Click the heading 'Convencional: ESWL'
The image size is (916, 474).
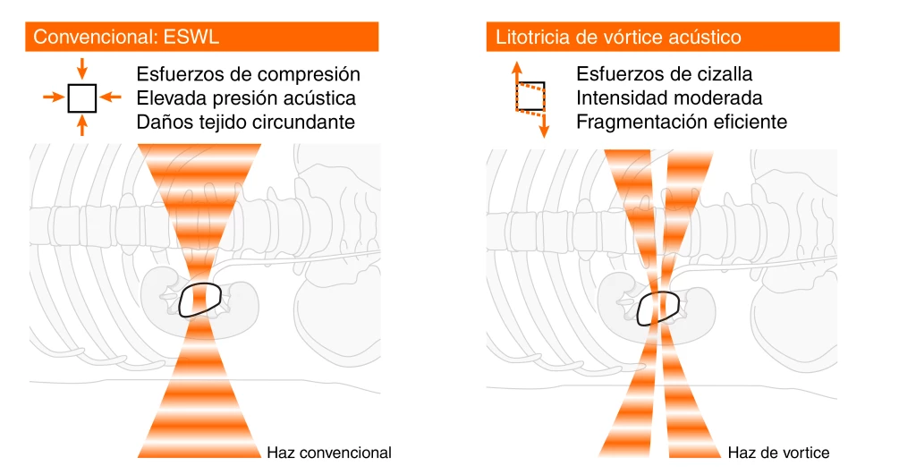[x=126, y=37]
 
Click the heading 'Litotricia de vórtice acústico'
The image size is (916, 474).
[x=618, y=37]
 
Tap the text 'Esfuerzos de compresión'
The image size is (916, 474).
[x=249, y=74]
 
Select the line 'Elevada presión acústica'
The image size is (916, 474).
[x=246, y=98]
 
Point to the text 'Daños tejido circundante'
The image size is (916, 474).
[x=246, y=122]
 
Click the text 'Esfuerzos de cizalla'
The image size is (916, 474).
[x=665, y=74]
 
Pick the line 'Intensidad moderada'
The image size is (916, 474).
[x=669, y=98]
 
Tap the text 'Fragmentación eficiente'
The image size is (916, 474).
[x=682, y=122]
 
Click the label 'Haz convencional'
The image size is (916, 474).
[x=329, y=453]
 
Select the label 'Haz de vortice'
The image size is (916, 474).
[x=779, y=453]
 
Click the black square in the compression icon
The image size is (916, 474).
[x=81, y=98]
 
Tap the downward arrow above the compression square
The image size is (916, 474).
[x=81, y=68]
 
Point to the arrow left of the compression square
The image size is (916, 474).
[x=54, y=97]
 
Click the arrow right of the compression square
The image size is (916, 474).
[x=110, y=97]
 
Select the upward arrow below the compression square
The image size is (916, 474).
[x=81, y=125]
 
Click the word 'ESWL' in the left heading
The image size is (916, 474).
[x=191, y=37]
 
